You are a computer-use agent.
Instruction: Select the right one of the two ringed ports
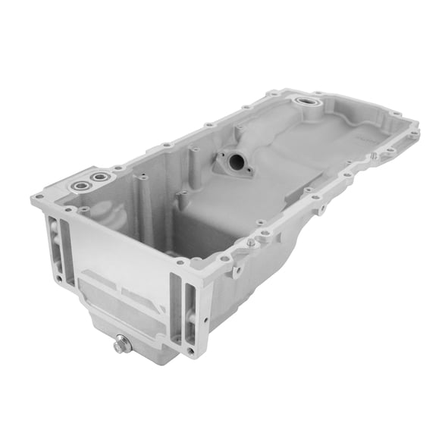point(99,177)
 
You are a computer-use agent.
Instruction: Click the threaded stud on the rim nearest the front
point(249,243)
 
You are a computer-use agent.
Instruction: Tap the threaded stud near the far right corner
point(373,156)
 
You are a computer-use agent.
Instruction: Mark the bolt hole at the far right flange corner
point(413,135)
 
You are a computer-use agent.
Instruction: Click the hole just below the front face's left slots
point(58,278)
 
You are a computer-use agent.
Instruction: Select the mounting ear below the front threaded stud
point(237,269)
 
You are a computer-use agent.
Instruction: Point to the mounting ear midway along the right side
point(321,208)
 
